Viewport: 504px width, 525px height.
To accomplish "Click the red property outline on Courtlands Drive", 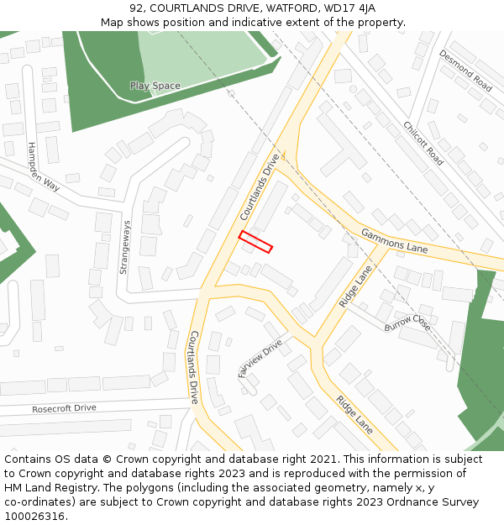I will [x=255, y=241].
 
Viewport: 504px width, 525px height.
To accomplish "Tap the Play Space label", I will [x=155, y=86].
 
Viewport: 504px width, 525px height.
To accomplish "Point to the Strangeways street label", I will [x=124, y=247].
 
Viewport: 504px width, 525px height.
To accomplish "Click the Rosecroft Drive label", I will [x=64, y=408].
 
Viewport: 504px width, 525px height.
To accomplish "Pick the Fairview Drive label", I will [x=260, y=359].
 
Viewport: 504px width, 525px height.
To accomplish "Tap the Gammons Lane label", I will [x=394, y=241].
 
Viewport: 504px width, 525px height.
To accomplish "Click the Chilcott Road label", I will [x=423, y=143].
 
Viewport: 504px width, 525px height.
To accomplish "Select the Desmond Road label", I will [x=465, y=71].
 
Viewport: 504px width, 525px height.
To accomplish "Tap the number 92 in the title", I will [x=138, y=8].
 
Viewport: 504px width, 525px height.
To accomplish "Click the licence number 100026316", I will [x=35, y=516].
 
